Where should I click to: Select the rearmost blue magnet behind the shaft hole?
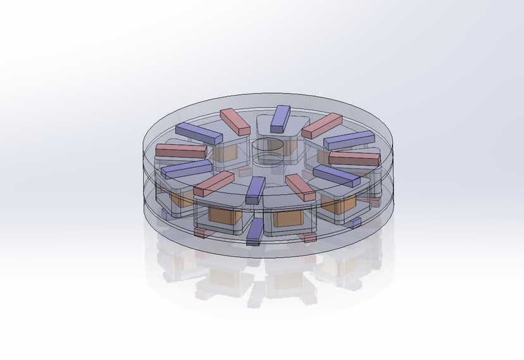point(280,118)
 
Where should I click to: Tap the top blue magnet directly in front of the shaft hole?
point(256,190)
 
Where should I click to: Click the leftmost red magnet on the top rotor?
point(181,151)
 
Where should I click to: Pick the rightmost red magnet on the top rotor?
point(354,158)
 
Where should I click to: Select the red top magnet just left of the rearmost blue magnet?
point(235,121)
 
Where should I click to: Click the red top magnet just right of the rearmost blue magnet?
point(321,126)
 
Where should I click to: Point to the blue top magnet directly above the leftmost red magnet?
point(199,133)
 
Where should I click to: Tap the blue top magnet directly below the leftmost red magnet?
point(186,169)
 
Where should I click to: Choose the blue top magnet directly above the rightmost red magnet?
point(349,140)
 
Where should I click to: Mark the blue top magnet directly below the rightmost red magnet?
point(336,176)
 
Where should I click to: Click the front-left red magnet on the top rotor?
point(214,183)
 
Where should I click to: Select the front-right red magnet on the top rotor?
point(300,188)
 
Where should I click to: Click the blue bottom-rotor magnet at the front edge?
point(254,232)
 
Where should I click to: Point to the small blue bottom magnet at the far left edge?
point(164,214)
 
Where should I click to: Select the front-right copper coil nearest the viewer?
point(288,219)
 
